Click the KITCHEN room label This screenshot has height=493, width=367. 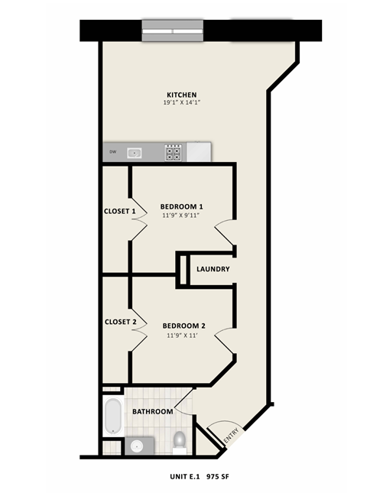click(181, 95)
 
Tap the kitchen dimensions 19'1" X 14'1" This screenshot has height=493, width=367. click(181, 102)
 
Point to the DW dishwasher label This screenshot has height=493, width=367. click(112, 152)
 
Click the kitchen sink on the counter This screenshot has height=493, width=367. click(135, 152)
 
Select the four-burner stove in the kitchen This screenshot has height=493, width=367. click(174, 152)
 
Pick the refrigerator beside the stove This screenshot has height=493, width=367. click(199, 152)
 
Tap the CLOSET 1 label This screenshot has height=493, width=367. click(120, 211)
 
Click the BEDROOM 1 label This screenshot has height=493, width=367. click(181, 206)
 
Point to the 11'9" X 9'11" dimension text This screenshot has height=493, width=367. click(181, 216)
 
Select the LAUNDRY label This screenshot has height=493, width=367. click(213, 269)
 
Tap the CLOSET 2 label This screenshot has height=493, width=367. click(120, 322)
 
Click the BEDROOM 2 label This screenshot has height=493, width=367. click(183, 326)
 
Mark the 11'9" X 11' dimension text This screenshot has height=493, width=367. click(183, 335)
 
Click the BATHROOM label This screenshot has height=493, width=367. click(153, 411)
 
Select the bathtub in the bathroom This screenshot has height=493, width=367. click(113, 417)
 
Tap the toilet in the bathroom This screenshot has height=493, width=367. click(180, 441)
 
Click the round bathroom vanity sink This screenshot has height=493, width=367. click(137, 445)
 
